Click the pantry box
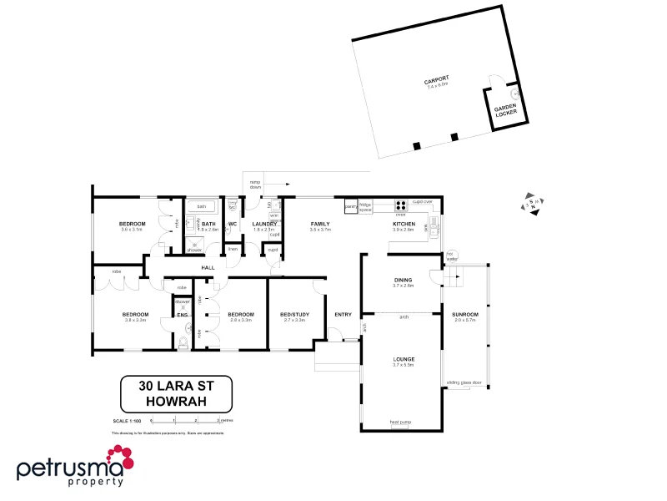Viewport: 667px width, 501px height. [351, 205]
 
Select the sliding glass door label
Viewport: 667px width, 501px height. [464, 382]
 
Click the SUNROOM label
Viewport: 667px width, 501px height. [464, 316]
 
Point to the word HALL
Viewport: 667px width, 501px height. [208, 267]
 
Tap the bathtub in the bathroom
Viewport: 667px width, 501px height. [202, 205]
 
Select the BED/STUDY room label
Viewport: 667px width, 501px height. [295, 315]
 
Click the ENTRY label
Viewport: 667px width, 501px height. [344, 315]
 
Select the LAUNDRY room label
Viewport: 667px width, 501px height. [264, 224]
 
